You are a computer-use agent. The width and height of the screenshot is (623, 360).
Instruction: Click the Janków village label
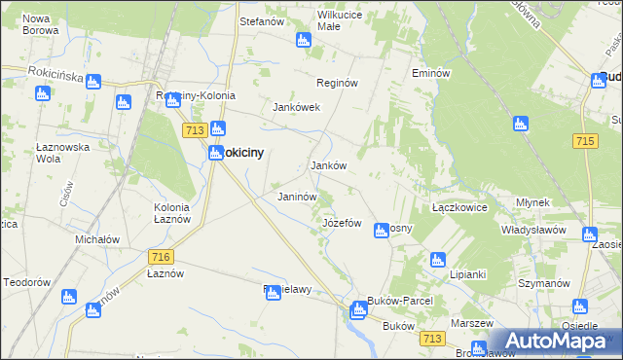tap(328, 165)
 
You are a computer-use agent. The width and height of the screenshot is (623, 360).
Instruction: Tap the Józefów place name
tap(342, 223)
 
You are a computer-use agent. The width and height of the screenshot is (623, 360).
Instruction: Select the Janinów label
tap(297, 197)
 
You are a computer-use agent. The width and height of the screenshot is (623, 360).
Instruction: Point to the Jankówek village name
tap(297, 107)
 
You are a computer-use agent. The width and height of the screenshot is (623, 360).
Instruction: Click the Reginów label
tap(338, 84)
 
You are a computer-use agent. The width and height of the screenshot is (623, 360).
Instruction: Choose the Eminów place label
tap(430, 74)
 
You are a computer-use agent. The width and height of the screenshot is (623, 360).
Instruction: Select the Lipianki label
tap(474, 274)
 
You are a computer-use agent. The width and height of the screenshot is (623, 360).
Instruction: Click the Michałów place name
tap(97, 239)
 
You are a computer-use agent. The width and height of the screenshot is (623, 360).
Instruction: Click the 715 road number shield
tap(584, 141)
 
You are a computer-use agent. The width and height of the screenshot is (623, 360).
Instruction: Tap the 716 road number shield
tap(162, 256)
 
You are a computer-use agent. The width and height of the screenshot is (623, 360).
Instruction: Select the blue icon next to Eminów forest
tap(520, 124)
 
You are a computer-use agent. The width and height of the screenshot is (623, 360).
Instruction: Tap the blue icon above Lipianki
tap(437, 260)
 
